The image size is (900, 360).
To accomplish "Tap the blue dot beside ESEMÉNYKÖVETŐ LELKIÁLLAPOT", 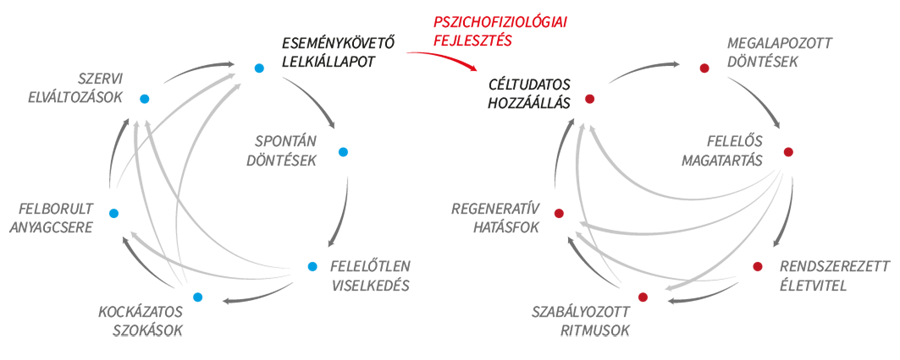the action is coord(259,68).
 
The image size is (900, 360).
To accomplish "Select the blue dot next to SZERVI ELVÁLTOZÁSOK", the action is coord(145,99).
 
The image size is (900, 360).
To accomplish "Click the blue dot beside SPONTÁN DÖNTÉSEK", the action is coord(343,152).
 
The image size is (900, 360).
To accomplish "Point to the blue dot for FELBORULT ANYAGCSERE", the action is coord(114,213).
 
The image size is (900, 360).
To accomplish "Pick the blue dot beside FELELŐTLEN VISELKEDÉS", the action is coord(312,266).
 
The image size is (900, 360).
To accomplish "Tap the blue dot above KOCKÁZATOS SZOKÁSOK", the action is coord(198,297).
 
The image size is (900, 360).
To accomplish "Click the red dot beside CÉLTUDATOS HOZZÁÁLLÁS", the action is coord(589,99).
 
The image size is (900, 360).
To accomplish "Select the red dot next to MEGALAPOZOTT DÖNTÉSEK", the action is coord(704,68).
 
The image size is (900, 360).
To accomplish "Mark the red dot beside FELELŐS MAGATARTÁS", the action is coord(788,152).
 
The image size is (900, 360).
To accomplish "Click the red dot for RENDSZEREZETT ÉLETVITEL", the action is coord(757,266).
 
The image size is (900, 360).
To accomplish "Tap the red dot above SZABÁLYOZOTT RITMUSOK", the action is coord(643,297).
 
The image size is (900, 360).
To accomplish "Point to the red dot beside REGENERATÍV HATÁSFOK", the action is coord(558,213).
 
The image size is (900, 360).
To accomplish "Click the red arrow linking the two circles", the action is coord(445,57).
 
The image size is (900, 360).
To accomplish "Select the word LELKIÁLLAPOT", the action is coord(329,61).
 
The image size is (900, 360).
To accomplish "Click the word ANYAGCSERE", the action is coord(55,227).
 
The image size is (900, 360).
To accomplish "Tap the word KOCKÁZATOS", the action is coord(141,312).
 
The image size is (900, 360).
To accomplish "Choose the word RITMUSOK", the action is coord(596,331).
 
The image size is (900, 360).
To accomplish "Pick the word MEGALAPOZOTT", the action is coord(779,44).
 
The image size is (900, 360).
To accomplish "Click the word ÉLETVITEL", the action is coord(812,285).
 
